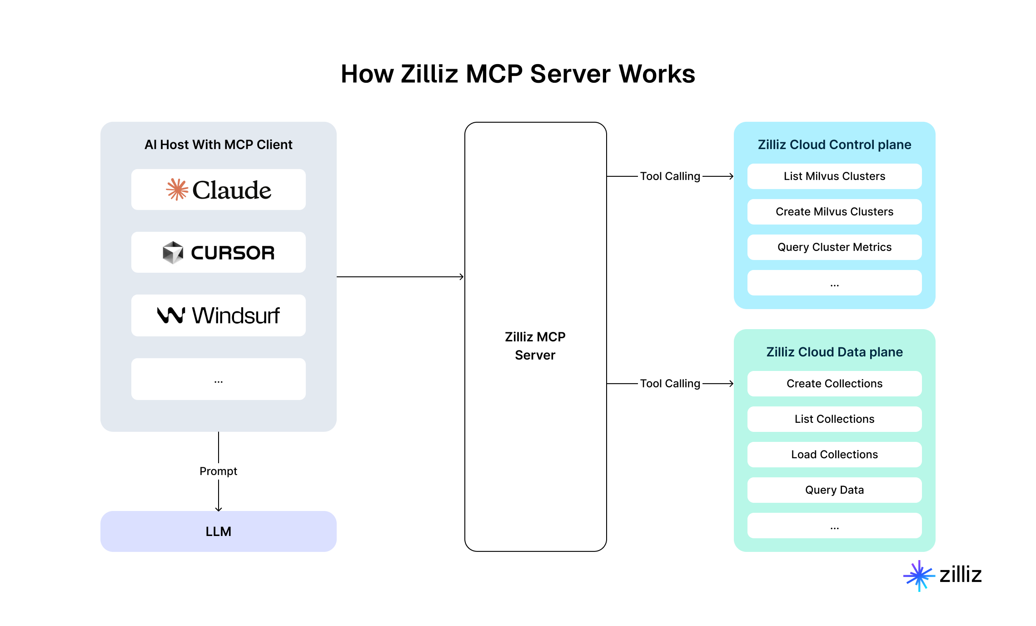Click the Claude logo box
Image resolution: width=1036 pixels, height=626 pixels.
point(218,190)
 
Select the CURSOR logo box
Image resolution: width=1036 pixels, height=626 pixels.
point(218,252)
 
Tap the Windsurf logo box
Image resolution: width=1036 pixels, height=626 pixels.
point(218,316)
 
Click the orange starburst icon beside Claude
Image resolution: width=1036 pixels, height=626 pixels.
point(177,190)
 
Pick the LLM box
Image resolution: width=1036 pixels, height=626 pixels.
point(218,531)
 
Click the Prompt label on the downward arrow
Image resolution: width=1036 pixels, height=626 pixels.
point(218,471)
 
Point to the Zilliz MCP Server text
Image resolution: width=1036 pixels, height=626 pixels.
point(535,346)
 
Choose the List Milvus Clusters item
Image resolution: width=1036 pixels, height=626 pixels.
point(834,176)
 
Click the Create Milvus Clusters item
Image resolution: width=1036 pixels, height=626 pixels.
point(834,212)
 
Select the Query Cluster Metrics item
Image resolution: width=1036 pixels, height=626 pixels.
point(834,247)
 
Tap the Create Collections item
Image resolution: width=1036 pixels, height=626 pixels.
point(834,384)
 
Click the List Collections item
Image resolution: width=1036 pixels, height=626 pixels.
point(834,419)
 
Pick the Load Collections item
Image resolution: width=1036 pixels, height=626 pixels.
point(834,455)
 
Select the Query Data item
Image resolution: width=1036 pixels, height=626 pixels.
point(834,490)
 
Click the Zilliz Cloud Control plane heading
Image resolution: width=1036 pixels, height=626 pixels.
point(834,145)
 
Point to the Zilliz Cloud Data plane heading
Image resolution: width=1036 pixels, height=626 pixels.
point(834,352)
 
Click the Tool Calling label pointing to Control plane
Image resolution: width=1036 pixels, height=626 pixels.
point(670,176)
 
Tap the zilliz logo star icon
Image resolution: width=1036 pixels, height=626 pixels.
point(919,576)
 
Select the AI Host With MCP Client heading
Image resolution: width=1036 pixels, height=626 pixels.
point(218,145)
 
